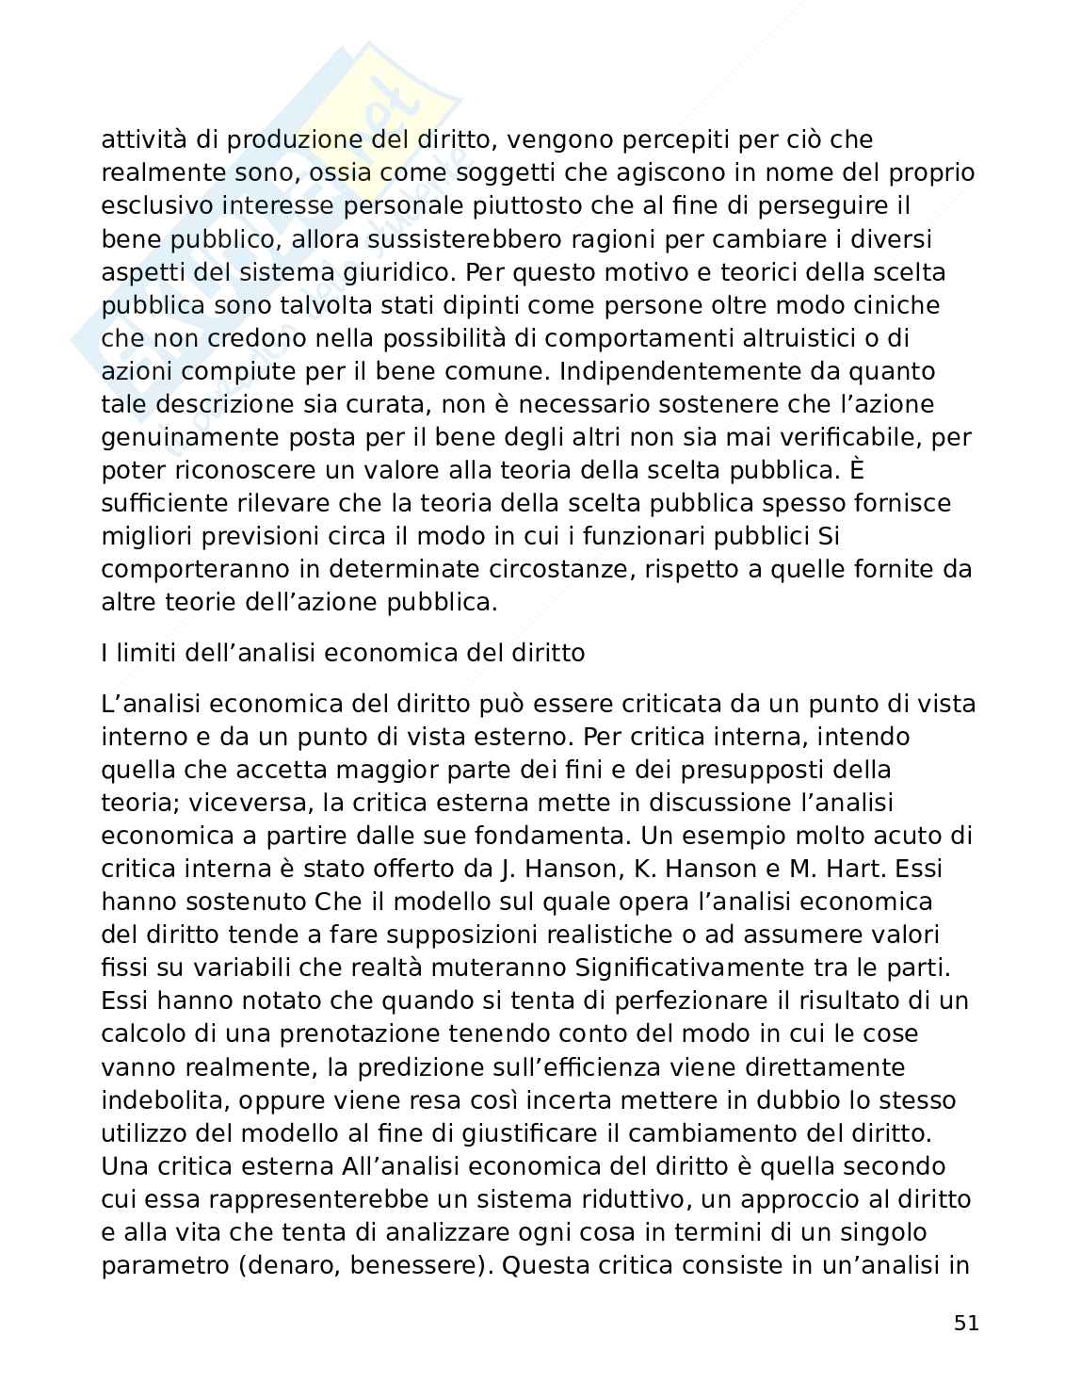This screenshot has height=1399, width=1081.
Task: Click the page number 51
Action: [966, 1323]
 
